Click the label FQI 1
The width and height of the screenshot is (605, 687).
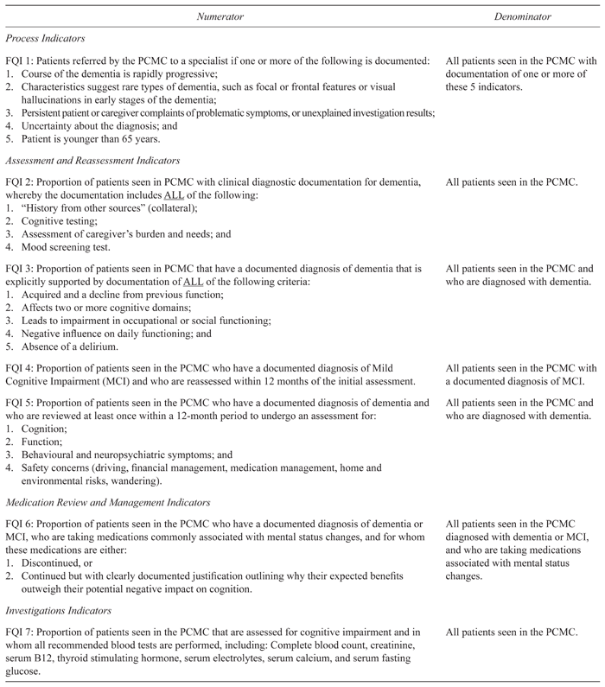[20, 60]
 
